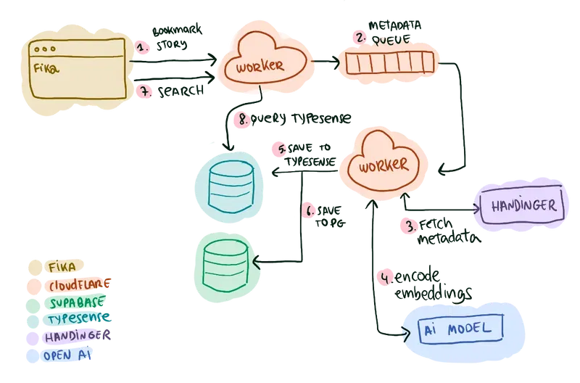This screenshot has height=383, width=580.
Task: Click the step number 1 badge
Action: click(x=144, y=48)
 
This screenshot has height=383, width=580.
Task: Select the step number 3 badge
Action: click(x=410, y=226)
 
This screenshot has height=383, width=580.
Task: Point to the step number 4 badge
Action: click(x=386, y=276)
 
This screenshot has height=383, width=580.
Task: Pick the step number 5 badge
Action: click(x=283, y=149)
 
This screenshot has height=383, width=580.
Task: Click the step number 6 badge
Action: click(x=309, y=212)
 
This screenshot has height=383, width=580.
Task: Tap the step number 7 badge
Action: click(x=144, y=91)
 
